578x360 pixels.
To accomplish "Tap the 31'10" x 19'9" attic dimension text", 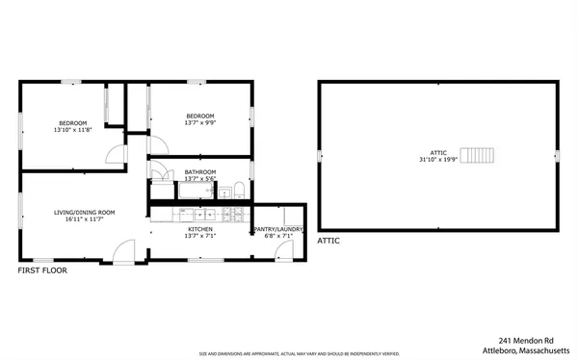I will coord(437,159).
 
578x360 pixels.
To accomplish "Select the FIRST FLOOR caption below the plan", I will coord(43,270).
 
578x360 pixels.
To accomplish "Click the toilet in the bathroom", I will coord(237,188).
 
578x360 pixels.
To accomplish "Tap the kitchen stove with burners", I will coord(231,214).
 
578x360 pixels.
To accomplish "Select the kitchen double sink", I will coord(203,214).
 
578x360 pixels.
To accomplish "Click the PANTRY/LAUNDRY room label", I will coord(278,229).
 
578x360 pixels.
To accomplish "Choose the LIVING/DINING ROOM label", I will coord(85,212).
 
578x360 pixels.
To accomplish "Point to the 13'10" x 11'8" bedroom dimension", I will coord(73,130).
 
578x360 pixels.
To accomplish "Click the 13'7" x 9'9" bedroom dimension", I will coord(199,123).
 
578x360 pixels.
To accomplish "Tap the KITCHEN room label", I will coord(199,229).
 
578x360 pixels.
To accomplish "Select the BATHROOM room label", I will coord(199,172).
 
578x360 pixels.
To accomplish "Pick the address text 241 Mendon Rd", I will coord(526,340).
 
